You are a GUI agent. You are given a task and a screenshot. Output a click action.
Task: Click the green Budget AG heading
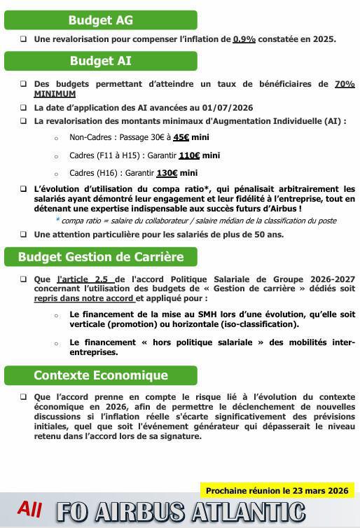(x=100, y=20)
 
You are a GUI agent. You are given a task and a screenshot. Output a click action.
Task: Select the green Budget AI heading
(x=100, y=62)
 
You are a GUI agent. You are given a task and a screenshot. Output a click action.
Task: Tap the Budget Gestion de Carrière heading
(x=100, y=257)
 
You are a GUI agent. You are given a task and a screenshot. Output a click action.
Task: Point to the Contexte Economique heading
(x=100, y=375)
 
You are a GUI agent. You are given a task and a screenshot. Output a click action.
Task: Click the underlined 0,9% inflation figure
(x=244, y=40)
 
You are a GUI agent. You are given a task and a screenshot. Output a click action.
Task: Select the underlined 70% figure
(x=345, y=84)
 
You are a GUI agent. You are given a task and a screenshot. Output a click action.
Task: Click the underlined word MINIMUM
(x=55, y=94)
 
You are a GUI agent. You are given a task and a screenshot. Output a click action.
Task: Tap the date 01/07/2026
(x=228, y=108)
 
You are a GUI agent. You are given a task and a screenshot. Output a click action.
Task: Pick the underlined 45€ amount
(x=181, y=138)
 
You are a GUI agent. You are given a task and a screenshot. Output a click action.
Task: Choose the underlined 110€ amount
(x=189, y=155)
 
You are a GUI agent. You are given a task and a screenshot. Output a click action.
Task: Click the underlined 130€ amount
(x=167, y=173)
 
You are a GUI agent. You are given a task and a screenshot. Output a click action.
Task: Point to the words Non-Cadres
(x=90, y=138)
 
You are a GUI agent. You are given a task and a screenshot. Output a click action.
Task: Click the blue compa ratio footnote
(x=195, y=221)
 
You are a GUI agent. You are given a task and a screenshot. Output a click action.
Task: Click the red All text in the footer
(x=30, y=509)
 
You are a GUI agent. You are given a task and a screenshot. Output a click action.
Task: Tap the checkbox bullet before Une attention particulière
(x=24, y=235)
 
